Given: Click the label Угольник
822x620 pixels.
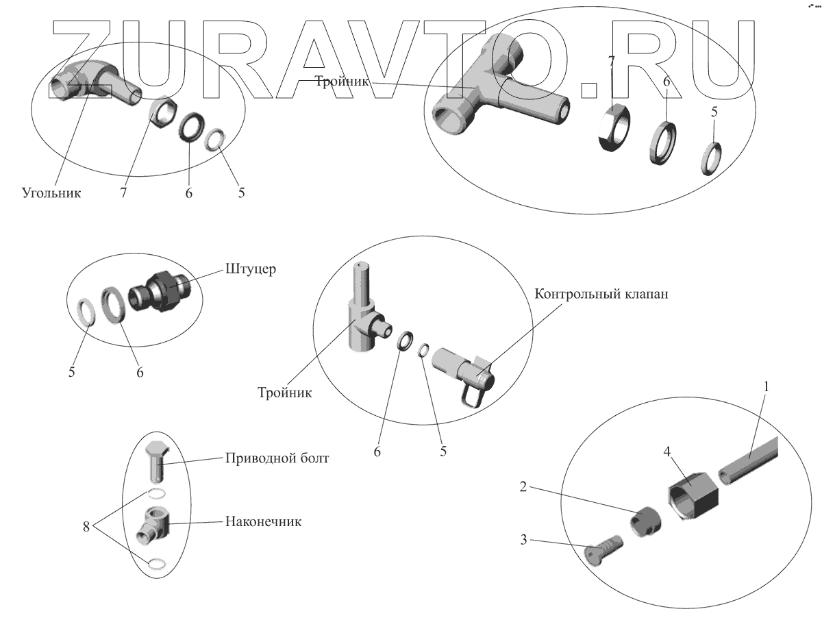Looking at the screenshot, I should [x=51, y=193].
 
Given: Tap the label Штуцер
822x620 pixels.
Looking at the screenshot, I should [x=251, y=269].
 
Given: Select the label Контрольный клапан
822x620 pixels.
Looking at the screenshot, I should [x=601, y=295].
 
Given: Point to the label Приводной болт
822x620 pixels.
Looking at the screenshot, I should [x=277, y=458].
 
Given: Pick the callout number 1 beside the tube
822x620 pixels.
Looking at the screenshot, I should [x=767, y=387].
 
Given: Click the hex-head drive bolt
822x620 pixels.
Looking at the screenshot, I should [x=157, y=461].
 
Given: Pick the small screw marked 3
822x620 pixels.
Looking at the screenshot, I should [x=603, y=549].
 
